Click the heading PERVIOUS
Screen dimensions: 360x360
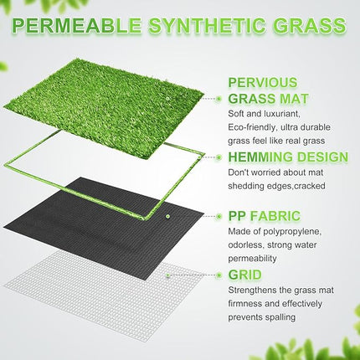[x=262, y=82]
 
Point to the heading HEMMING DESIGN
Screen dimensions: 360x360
[x=287, y=157]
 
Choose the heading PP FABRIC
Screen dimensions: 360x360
[x=264, y=215]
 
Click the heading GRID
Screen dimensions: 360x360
[x=244, y=274]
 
